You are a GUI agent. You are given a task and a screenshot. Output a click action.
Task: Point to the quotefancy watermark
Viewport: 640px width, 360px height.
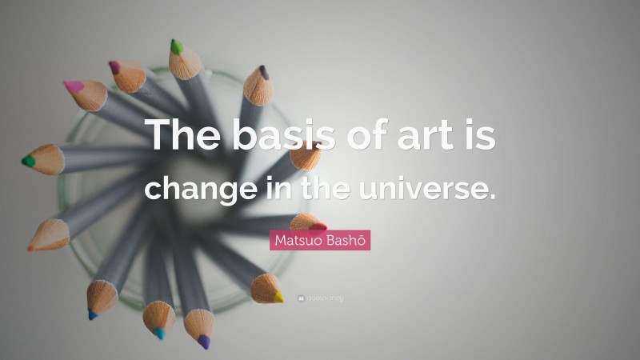(x=320, y=298)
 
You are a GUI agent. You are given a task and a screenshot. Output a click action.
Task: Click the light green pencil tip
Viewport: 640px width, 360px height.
(x=176, y=47)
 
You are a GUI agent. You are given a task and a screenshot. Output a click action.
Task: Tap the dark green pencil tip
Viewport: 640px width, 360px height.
(x=28, y=161)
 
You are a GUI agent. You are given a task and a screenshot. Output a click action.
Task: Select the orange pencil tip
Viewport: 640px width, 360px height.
(x=31, y=247)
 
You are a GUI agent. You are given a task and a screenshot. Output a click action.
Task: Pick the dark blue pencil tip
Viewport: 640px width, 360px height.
(x=92, y=315)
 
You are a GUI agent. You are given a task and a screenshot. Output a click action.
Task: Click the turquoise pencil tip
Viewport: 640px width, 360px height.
(x=158, y=334)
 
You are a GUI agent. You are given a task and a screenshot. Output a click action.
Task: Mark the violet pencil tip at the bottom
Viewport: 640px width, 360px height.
(x=204, y=342)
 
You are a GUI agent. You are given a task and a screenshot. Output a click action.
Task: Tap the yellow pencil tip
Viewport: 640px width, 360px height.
(x=278, y=297)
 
